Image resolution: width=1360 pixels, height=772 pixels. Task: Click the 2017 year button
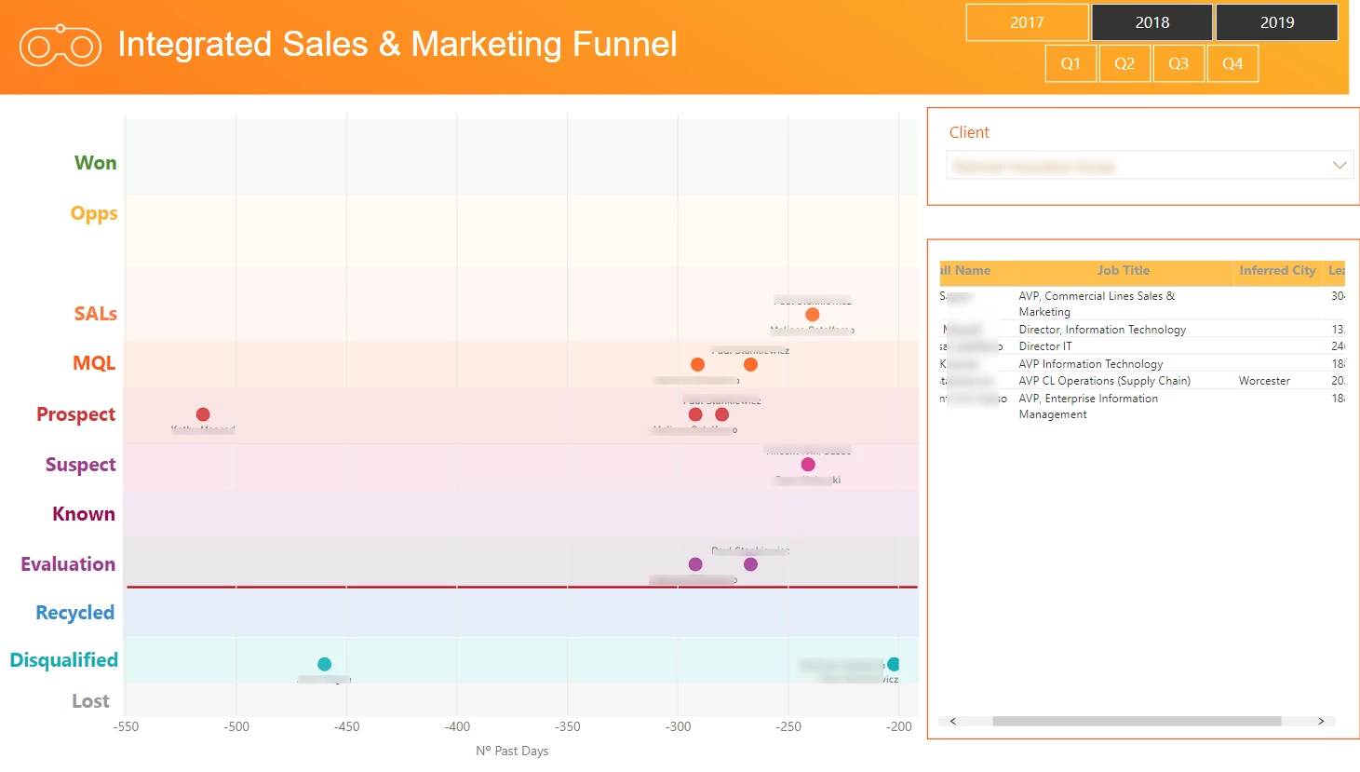tap(1027, 22)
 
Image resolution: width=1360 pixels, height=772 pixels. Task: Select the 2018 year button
tap(1151, 22)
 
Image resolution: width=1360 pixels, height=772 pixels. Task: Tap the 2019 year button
tap(1276, 22)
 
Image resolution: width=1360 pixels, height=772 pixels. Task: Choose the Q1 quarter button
tap(1070, 63)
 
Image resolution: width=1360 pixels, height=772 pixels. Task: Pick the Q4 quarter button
tap(1232, 63)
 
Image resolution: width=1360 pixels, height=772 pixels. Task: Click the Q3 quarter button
tap(1178, 63)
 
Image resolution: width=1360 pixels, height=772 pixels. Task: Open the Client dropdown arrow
tap(1340, 166)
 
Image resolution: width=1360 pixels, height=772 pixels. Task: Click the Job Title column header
tap(1123, 271)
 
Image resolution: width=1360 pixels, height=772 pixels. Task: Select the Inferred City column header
tap(1277, 271)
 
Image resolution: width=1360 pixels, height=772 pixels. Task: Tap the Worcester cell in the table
tap(1264, 381)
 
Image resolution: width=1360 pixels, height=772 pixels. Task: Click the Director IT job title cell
tap(1045, 346)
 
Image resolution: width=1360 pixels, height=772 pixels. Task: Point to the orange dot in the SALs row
tap(813, 315)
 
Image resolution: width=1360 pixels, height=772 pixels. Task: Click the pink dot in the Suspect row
tap(808, 465)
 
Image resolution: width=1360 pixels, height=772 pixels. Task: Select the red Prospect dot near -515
tap(203, 414)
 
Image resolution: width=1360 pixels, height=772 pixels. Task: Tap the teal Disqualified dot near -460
tap(324, 664)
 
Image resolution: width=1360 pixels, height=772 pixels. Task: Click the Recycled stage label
tap(74, 613)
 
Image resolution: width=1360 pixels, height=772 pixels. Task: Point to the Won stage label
tap(95, 163)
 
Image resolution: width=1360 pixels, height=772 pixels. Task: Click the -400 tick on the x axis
tap(457, 727)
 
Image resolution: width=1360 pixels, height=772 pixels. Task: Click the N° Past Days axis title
tap(512, 751)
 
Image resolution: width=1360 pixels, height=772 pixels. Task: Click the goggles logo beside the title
tap(61, 47)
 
